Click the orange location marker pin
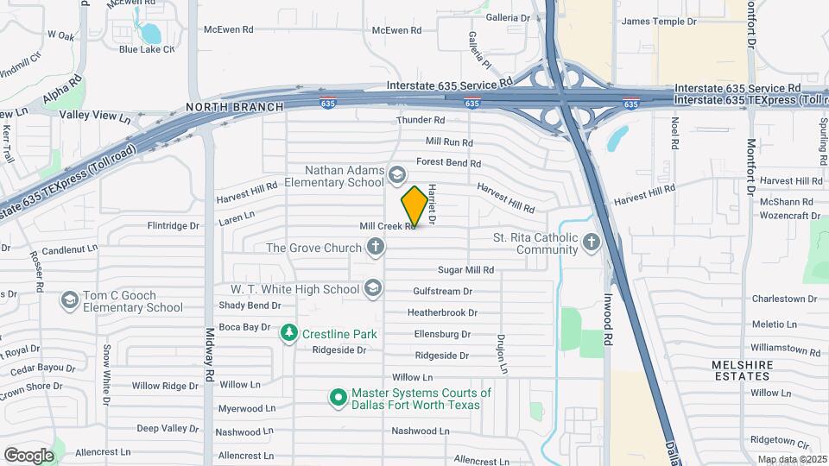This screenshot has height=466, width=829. pos(414,206)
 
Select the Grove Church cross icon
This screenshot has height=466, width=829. pos(375,249)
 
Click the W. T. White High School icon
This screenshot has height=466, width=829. pos(373,288)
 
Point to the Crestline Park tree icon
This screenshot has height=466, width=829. pos(289,332)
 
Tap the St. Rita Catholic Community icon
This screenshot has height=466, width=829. pos(592,243)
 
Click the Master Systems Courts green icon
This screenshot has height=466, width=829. pos(339,398)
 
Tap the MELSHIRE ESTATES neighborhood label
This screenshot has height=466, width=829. pos(742,370)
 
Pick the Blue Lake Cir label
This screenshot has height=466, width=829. pos(147,49)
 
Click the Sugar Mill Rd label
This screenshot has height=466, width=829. pos(465,270)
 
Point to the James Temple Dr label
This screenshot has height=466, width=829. pos(658,22)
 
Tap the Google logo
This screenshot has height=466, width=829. pos(28,455)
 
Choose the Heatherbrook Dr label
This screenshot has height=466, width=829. pos(442,312)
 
